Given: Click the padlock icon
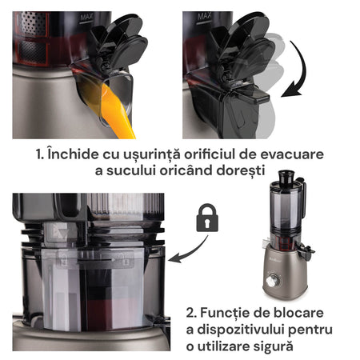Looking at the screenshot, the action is click(207, 218).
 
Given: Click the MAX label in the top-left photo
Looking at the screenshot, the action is click(86, 18).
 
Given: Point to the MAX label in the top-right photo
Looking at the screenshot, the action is click(204, 16).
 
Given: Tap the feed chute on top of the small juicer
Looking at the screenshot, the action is click(286, 178).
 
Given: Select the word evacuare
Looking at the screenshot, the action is click(292, 154).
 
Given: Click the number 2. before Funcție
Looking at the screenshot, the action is click(191, 313).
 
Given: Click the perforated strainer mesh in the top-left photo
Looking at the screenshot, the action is click(34, 38).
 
